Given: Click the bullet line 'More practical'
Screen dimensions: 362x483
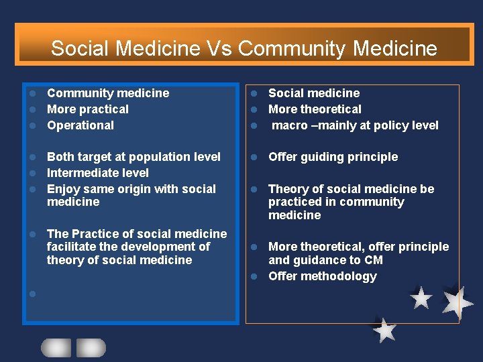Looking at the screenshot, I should (x=87, y=109).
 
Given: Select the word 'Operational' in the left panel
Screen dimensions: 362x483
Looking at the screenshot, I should (x=80, y=125).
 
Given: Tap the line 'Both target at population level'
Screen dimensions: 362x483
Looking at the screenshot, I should (x=133, y=157).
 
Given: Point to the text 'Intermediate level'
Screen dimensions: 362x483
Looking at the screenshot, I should (x=98, y=173).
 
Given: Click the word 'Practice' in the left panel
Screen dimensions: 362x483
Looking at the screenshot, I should (x=94, y=234).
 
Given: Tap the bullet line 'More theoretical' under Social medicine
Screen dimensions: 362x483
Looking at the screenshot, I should (x=315, y=109).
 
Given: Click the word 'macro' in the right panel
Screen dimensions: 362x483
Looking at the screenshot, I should (x=289, y=125).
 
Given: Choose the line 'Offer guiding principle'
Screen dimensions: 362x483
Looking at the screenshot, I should (x=333, y=157).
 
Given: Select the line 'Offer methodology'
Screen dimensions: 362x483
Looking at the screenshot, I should (x=322, y=276).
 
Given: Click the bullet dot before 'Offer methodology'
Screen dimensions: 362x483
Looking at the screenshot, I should (x=255, y=276).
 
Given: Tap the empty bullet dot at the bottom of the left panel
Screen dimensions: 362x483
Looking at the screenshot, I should (x=32, y=293).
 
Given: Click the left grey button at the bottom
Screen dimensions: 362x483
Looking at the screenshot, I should (x=56, y=347).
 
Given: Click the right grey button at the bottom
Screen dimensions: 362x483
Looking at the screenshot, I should (x=91, y=347).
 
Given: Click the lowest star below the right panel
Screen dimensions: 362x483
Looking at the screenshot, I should (x=384, y=330).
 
